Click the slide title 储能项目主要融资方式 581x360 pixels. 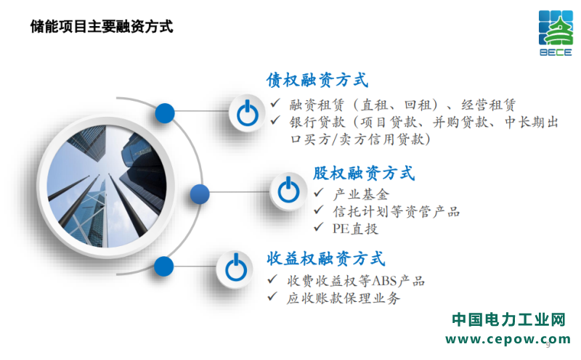[x=102, y=27]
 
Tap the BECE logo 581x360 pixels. [x=556, y=33]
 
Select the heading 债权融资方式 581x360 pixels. [x=317, y=80]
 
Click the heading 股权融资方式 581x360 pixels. [x=364, y=173]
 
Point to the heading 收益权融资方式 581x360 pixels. [x=326, y=258]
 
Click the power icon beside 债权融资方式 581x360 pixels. [x=248, y=113]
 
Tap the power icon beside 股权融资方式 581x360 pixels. [x=288, y=190]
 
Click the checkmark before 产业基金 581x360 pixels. [x=319, y=192]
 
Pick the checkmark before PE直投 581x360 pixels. [x=319, y=227]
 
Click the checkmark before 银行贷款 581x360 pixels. [x=275, y=120]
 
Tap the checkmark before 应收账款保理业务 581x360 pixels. [x=272, y=296]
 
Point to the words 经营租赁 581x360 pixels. [x=488, y=105]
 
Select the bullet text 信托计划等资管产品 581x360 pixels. [x=396, y=212]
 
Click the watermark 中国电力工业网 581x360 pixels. [x=508, y=319]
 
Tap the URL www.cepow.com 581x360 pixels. [x=508, y=339]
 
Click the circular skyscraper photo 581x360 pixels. [x=107, y=187]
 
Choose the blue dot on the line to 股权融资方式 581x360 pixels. [x=200, y=194]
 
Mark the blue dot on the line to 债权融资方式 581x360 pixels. [x=165, y=113]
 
